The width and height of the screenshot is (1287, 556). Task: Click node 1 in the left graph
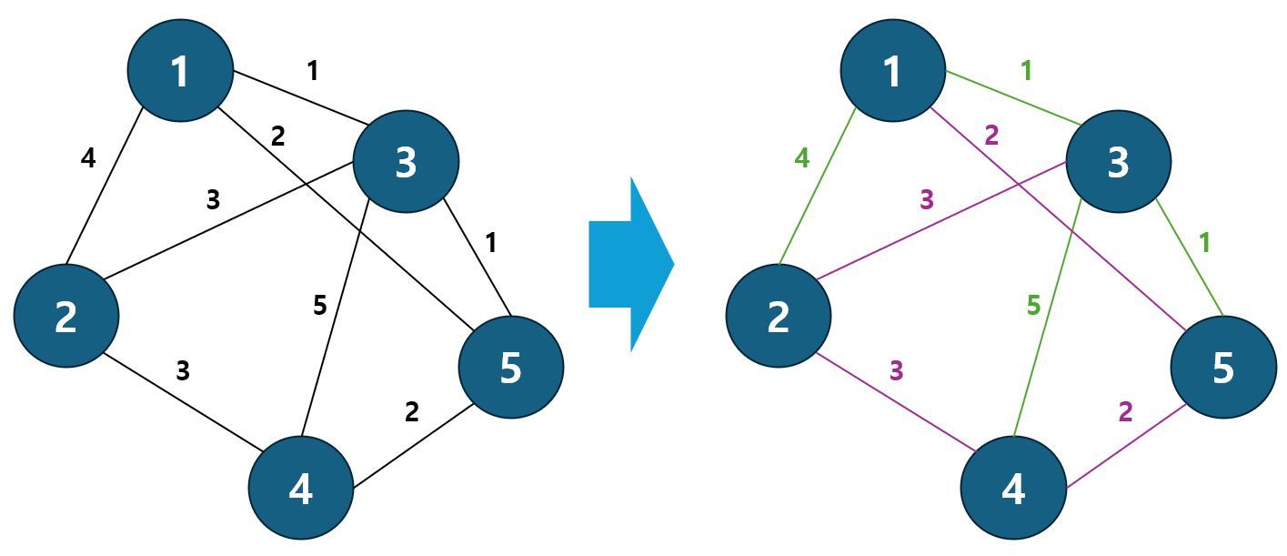pos(179,69)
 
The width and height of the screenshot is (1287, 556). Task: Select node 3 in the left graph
pos(406,161)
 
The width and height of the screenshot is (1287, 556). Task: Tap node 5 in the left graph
pos(511,367)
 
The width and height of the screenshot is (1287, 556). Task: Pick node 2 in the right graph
pos(779,316)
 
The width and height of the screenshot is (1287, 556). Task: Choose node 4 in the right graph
pos(1013,488)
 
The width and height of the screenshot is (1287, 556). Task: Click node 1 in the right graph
pos(892,69)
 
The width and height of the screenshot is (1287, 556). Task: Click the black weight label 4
pos(88,158)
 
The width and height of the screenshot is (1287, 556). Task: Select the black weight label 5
pos(319,306)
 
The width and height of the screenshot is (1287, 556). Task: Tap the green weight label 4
pos(801,158)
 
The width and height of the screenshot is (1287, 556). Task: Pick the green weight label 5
pos(1032,306)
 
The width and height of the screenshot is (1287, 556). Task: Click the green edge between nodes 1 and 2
pos(817,187)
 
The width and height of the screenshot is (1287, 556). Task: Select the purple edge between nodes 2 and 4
pos(896,400)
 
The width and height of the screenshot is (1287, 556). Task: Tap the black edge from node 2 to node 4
pos(182,400)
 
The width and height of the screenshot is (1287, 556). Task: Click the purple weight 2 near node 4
pos(1125,411)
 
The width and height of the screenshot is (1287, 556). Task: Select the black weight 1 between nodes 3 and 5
pos(491,243)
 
